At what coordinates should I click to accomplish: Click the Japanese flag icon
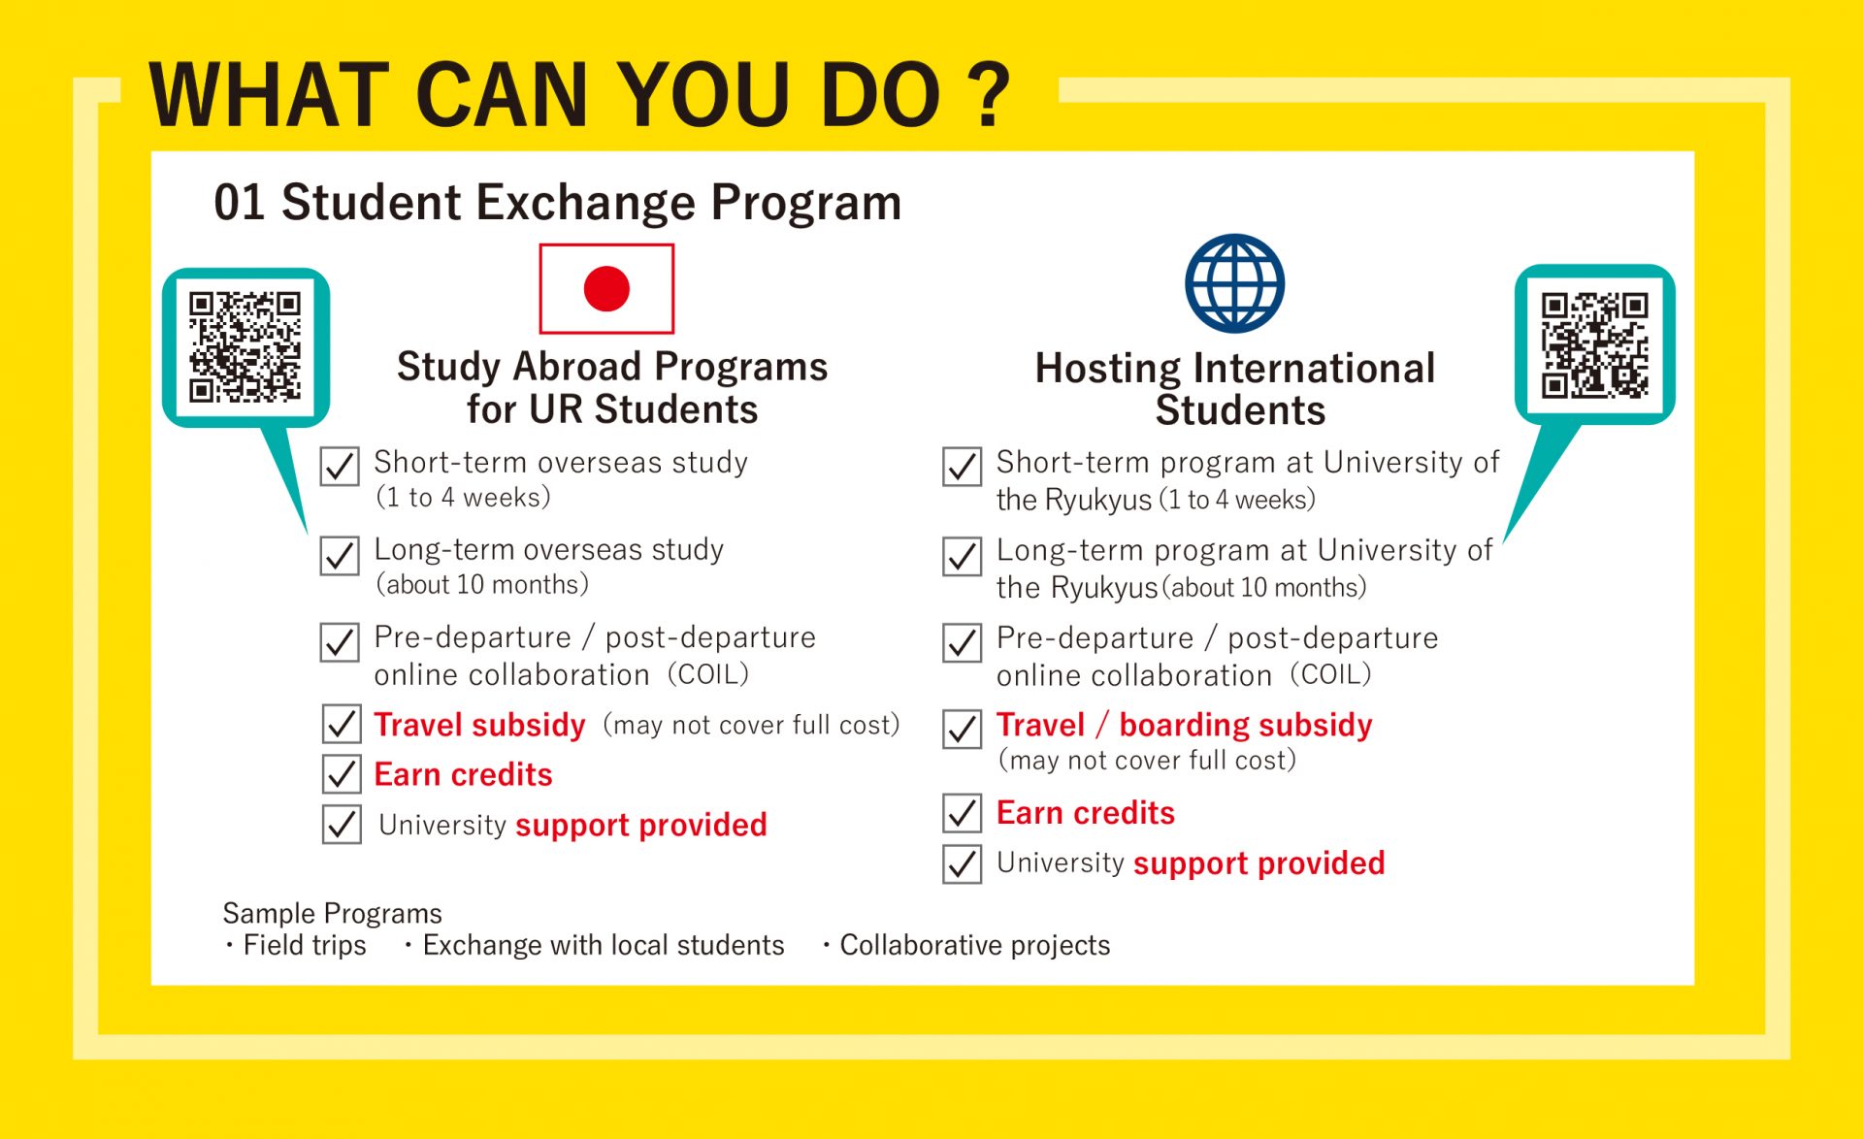click(606, 289)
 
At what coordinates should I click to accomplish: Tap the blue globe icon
click(1234, 282)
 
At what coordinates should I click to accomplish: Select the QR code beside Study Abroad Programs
click(245, 347)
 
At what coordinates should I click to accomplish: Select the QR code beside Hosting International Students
click(1594, 345)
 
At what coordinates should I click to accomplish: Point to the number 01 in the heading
click(239, 203)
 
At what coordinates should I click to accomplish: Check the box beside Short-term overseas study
click(340, 467)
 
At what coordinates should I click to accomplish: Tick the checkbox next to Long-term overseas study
click(340, 556)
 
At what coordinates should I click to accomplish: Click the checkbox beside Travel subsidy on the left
click(341, 724)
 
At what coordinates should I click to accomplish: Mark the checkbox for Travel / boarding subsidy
click(962, 729)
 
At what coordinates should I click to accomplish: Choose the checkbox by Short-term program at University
click(962, 467)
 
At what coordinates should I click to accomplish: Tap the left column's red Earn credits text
click(463, 774)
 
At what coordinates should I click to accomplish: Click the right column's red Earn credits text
click(1085, 813)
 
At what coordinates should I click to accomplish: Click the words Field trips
click(304, 945)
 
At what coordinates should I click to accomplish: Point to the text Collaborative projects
click(974, 945)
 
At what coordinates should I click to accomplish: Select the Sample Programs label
click(332, 913)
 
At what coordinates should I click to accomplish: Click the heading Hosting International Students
click(1235, 389)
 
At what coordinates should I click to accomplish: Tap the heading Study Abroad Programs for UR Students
click(611, 388)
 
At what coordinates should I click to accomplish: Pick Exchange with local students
click(603, 945)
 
